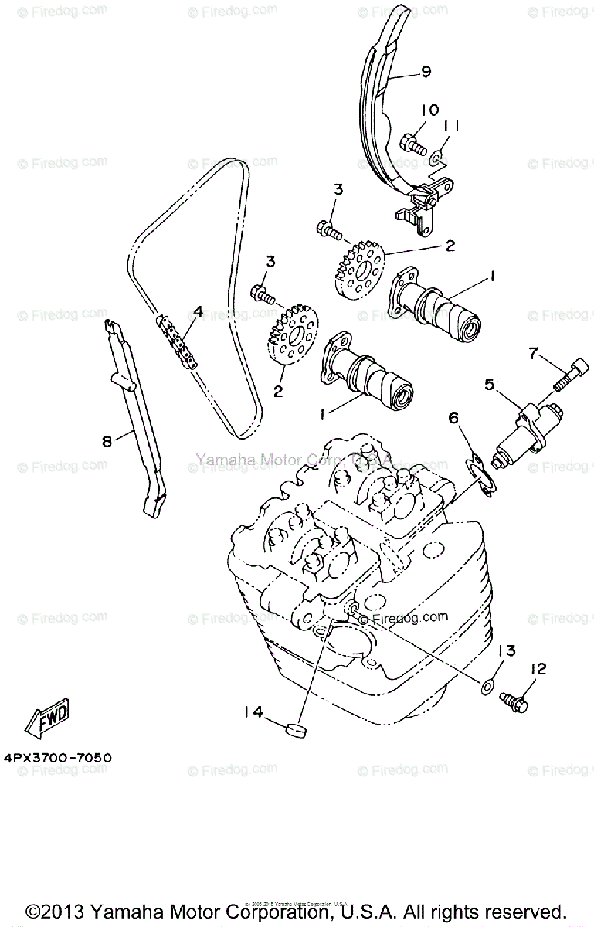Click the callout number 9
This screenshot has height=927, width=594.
425,73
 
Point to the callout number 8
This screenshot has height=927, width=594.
107,441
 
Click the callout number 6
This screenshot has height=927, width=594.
454,418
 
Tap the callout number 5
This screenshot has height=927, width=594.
489,383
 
